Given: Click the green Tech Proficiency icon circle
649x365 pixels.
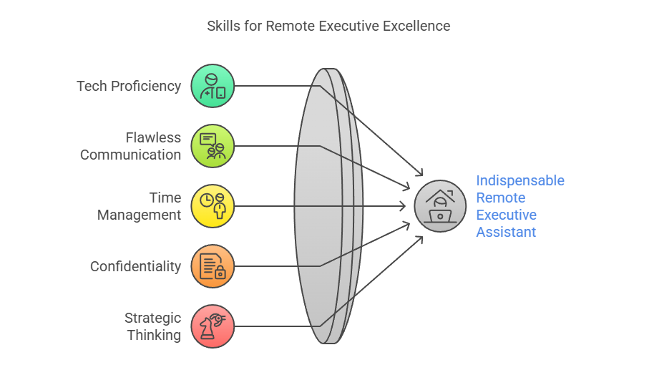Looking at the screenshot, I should click(x=213, y=86).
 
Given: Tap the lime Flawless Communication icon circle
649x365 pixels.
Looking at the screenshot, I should click(x=213, y=146).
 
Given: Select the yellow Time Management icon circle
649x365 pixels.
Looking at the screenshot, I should click(x=213, y=206).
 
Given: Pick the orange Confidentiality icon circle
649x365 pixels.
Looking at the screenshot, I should click(x=213, y=266).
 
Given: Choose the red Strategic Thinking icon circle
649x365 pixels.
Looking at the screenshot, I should click(x=213, y=326).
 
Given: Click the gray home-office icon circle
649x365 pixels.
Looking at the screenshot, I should click(x=440, y=206).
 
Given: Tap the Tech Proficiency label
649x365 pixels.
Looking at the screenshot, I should click(x=129, y=86).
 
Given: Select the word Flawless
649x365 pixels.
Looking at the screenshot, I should click(x=153, y=137).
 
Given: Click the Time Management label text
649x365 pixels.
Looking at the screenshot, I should click(x=139, y=206).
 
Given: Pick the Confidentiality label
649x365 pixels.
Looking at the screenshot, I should click(x=135, y=266).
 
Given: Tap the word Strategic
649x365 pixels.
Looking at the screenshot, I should click(x=152, y=318).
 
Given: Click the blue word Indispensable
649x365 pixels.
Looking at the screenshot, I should click(x=520, y=180).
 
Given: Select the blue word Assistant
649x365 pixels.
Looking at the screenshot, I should click(x=506, y=232).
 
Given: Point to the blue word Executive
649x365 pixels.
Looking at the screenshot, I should click(x=506, y=215).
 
